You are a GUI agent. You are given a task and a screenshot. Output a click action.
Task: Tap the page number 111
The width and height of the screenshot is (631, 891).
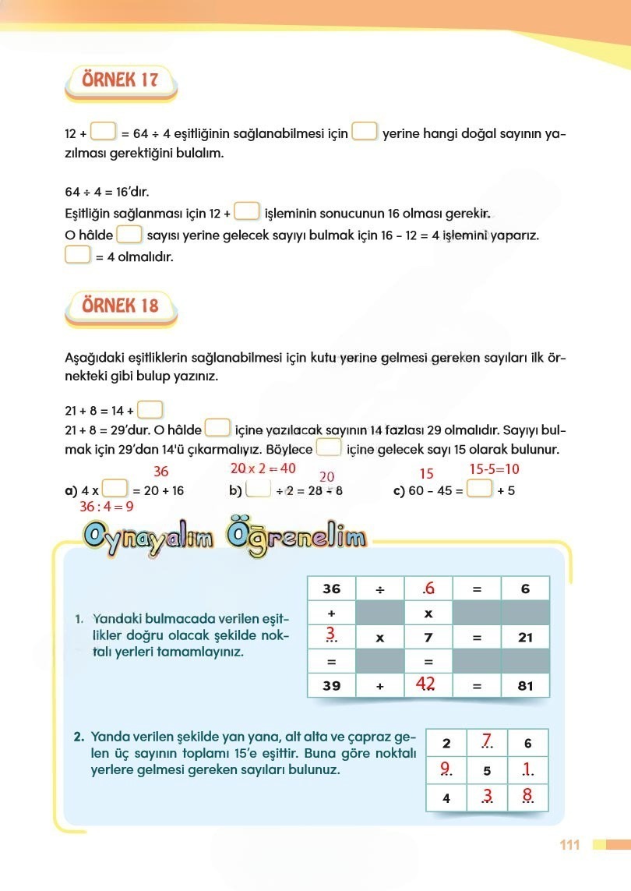point(569,845)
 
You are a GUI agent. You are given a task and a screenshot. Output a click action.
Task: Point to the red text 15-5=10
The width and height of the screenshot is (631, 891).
point(494,468)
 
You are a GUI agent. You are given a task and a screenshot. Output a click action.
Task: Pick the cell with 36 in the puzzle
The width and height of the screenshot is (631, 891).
point(332,589)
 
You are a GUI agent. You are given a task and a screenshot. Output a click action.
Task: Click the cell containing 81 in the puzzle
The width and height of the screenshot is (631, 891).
point(524,686)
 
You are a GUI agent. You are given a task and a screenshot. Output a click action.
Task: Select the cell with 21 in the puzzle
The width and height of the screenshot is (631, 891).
point(524,638)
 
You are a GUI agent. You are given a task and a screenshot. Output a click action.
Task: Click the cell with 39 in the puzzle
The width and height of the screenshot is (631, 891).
point(332,686)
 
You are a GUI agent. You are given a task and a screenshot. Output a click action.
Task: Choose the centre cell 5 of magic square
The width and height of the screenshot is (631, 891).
point(487,771)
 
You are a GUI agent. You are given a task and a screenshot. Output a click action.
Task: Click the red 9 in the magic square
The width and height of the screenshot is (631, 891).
point(446,770)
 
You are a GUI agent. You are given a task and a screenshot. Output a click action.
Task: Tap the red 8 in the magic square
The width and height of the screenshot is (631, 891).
point(527,797)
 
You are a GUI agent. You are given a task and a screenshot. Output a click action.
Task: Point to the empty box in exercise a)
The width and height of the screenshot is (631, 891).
point(115,490)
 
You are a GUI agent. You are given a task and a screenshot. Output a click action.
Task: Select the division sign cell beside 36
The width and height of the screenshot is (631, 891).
point(380,589)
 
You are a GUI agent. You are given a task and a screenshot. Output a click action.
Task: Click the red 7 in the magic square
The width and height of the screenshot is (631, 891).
point(487,741)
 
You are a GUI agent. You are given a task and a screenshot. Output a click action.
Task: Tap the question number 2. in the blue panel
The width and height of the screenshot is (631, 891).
point(79,736)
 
